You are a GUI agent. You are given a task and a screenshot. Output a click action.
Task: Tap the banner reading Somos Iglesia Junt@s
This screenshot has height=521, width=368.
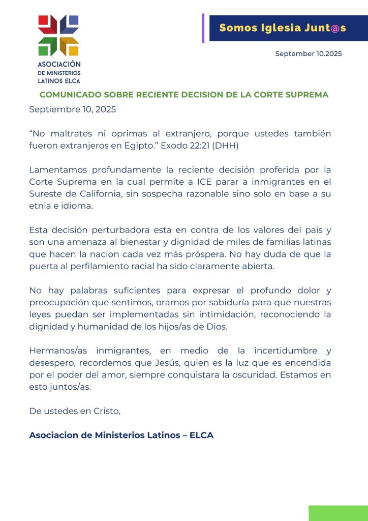(x=283, y=28)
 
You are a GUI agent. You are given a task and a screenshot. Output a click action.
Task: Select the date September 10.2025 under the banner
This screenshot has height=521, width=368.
(x=308, y=54)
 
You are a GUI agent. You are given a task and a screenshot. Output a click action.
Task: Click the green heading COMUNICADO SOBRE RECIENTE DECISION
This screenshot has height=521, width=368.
(x=184, y=95)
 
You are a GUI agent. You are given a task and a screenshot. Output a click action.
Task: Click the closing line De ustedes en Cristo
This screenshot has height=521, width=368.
(x=75, y=412)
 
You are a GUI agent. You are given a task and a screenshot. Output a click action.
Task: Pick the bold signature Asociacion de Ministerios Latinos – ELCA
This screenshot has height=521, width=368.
(x=121, y=436)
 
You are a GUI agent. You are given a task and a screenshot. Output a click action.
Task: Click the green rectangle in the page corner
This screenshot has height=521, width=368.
(x=338, y=513)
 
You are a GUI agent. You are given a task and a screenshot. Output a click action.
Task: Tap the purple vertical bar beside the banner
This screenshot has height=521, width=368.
(x=203, y=28)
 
